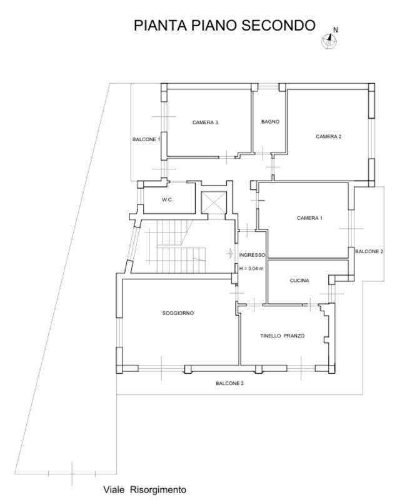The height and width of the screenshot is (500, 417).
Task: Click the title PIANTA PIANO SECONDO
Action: [224, 26]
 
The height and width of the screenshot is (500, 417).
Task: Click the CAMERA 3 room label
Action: [205, 122]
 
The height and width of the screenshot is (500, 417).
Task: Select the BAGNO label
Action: [270, 121]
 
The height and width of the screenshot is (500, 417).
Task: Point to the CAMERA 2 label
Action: [329, 136]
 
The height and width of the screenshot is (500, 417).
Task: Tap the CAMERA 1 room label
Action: [309, 218]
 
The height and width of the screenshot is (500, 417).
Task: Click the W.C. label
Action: [167, 200]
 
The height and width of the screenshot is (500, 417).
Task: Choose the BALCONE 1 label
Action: [146, 139]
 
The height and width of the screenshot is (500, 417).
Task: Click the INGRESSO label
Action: [252, 255]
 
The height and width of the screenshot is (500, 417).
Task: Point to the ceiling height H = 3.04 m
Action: [251, 269]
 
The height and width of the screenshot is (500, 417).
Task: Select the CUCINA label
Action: [299, 281]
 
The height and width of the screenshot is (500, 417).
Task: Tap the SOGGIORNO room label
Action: [178, 313]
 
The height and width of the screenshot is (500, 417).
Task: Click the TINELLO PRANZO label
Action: [283, 336]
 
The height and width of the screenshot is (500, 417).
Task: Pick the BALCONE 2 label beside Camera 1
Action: [369, 252]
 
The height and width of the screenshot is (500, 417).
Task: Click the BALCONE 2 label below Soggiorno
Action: [229, 383]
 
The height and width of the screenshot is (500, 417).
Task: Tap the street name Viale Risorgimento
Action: [144, 489]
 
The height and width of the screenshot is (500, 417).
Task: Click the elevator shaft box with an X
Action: [214, 202]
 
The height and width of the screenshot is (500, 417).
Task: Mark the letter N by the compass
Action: [335, 30]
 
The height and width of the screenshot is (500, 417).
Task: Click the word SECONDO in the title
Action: [279, 26]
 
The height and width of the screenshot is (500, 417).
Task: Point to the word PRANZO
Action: [294, 336]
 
